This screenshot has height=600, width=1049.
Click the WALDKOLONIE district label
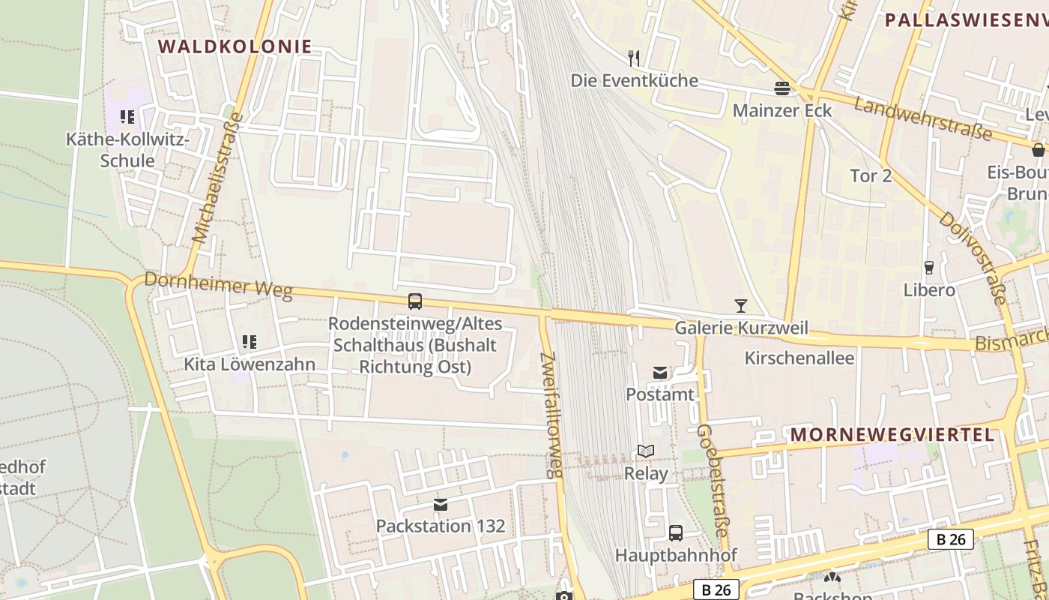[x=235, y=46]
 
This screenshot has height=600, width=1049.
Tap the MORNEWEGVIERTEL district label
[x=892, y=435]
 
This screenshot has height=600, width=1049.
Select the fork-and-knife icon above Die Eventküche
[x=634, y=58]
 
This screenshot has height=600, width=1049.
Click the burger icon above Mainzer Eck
[x=782, y=88]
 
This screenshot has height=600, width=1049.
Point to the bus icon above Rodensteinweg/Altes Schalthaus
[x=415, y=301]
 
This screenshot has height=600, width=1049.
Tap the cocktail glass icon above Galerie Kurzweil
[x=741, y=305]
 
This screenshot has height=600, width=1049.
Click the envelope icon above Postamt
[x=660, y=372]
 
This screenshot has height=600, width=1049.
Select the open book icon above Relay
[x=646, y=451]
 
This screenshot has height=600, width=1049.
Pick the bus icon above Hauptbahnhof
[x=676, y=533]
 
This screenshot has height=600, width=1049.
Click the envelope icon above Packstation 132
[x=441, y=505]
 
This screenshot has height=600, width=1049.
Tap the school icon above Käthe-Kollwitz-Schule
[x=127, y=117]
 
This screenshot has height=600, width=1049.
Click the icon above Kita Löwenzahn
[x=250, y=343]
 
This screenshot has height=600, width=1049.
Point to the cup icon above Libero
[x=929, y=268]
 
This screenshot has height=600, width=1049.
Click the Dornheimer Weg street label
[x=217, y=285]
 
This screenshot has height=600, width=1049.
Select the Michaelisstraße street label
[x=218, y=178]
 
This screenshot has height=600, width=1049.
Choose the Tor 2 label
[x=871, y=176]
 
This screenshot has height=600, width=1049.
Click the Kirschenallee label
[x=799, y=358]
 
